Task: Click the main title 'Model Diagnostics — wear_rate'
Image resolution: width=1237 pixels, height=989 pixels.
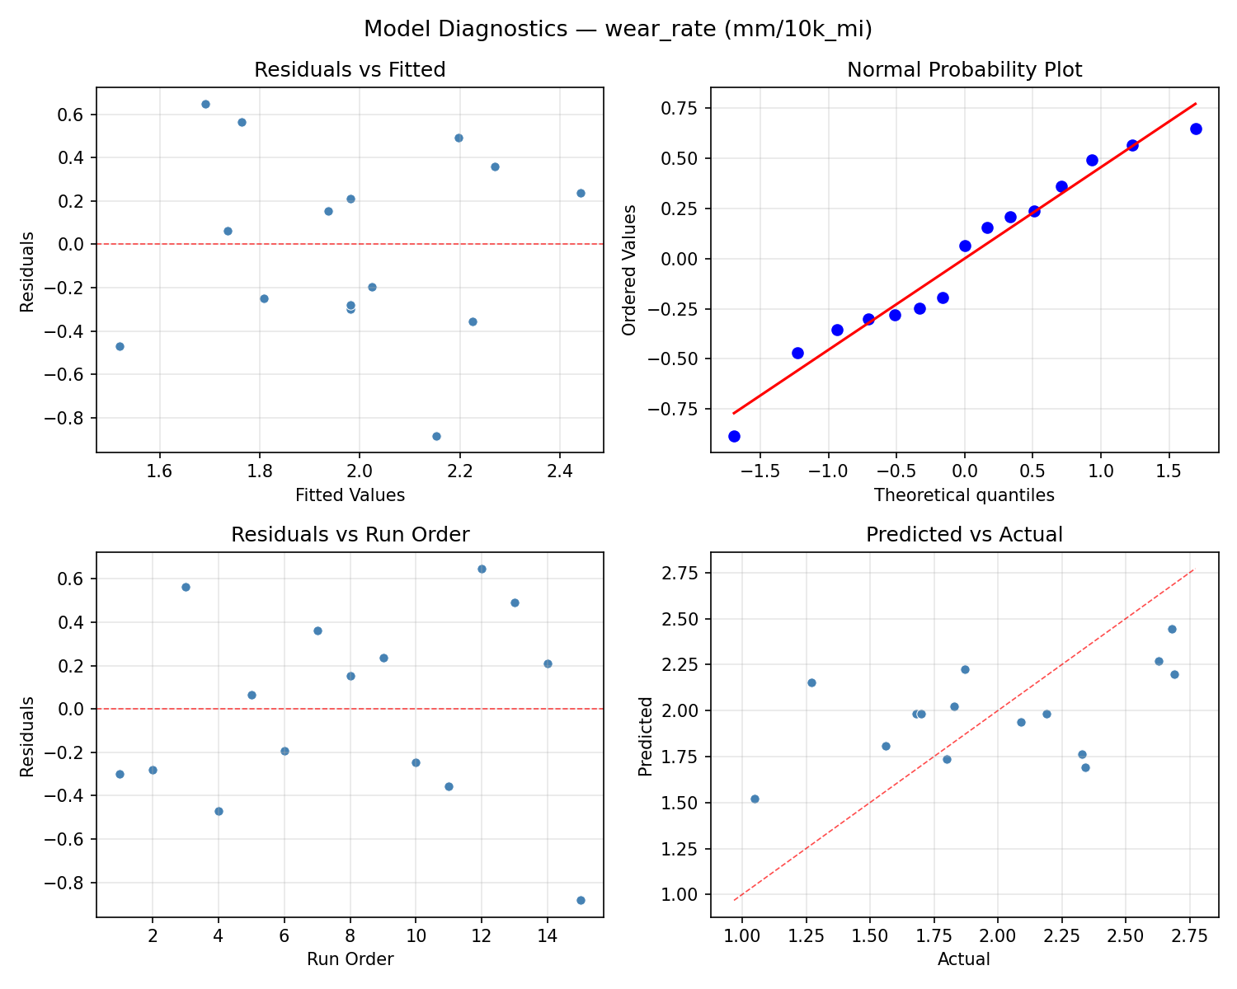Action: [x=618, y=29]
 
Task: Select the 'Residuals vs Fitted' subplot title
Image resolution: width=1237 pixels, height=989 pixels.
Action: [x=350, y=70]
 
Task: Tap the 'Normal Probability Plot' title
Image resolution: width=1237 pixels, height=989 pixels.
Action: [x=964, y=70]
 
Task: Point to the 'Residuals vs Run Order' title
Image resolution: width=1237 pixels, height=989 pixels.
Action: [x=350, y=535]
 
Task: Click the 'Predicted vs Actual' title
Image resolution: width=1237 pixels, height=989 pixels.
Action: [x=964, y=535]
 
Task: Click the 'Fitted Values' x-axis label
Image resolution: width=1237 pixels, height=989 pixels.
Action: [x=350, y=495]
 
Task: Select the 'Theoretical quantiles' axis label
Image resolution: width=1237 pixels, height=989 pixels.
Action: [x=964, y=495]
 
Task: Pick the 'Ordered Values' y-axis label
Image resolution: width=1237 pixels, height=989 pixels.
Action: [x=630, y=270]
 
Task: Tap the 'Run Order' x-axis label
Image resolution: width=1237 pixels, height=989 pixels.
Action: [x=350, y=959]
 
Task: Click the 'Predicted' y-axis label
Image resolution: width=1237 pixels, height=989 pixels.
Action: [x=647, y=735]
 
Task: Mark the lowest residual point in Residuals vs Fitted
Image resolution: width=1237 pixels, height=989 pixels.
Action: [x=436, y=436]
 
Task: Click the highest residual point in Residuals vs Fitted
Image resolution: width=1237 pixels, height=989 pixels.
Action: [x=205, y=104]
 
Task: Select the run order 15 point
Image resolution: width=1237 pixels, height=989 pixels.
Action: [x=581, y=900]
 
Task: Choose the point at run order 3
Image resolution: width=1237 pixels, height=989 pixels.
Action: [x=186, y=587]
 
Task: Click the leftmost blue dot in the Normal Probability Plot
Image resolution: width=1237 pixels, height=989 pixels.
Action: [x=734, y=436]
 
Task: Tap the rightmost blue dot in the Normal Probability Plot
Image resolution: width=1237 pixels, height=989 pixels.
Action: [x=1196, y=129]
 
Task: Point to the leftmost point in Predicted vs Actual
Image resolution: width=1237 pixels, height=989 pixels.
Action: [x=755, y=799]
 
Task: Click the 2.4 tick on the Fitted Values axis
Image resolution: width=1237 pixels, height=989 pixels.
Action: [x=560, y=471]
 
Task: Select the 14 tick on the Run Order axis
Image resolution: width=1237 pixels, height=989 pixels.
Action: [x=547, y=935]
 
